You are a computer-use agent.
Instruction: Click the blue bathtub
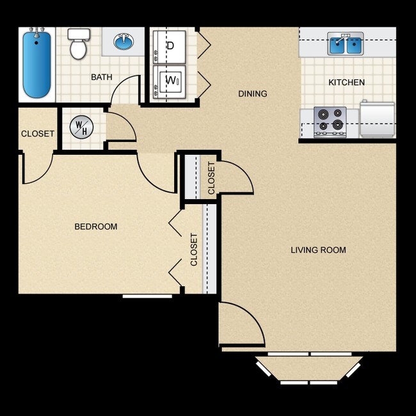(36, 65)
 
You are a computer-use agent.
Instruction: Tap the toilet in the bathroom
(78, 44)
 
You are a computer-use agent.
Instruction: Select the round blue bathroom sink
(124, 42)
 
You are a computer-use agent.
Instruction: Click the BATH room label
(101, 77)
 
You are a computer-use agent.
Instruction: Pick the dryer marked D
(170, 46)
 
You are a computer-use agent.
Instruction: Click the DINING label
(252, 94)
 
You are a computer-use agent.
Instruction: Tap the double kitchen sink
(346, 44)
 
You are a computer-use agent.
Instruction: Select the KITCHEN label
(346, 83)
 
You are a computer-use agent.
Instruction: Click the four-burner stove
(330, 122)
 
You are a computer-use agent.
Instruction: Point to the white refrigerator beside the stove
(378, 120)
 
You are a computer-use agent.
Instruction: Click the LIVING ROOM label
(318, 250)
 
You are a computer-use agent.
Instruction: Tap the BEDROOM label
(96, 227)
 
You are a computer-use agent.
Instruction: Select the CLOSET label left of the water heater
(38, 134)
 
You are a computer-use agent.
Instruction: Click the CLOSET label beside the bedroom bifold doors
(194, 250)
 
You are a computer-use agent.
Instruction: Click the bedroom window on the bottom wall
(147, 296)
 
